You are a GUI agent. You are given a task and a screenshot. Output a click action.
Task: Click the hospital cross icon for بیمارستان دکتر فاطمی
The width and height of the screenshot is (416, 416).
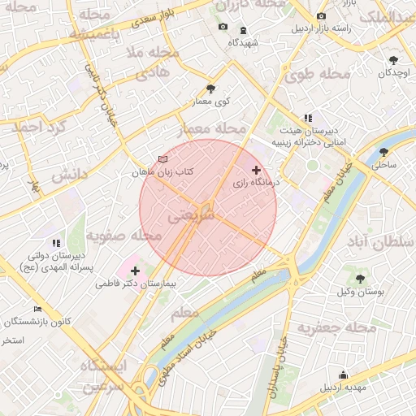click(134, 271)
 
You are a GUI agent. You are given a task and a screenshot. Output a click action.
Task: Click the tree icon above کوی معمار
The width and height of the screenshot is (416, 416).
click(211, 89)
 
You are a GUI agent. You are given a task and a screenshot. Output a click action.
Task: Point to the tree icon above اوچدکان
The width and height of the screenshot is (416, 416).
click(394, 60)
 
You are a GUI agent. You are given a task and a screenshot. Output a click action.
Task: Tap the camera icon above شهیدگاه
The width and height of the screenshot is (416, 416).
click(223, 28)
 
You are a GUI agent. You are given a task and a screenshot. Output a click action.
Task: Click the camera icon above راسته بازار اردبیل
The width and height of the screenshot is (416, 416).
click(322, 16)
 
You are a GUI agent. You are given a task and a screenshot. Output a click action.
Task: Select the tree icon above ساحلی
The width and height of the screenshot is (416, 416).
click(383, 152)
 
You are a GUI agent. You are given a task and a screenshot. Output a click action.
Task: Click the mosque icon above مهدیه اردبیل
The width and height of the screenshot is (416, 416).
click(343, 375)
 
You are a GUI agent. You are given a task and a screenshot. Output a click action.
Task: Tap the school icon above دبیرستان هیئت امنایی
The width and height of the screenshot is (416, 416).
click(308, 118)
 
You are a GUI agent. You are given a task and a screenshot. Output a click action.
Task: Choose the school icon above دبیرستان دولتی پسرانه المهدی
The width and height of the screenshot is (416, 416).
click(56, 242)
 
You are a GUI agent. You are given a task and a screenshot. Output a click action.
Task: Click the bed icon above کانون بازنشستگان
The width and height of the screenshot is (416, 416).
click(37, 309)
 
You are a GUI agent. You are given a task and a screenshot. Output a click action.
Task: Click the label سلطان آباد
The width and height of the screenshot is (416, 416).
click(381, 243)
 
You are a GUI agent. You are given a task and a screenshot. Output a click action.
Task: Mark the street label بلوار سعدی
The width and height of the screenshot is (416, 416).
click(146, 15)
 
